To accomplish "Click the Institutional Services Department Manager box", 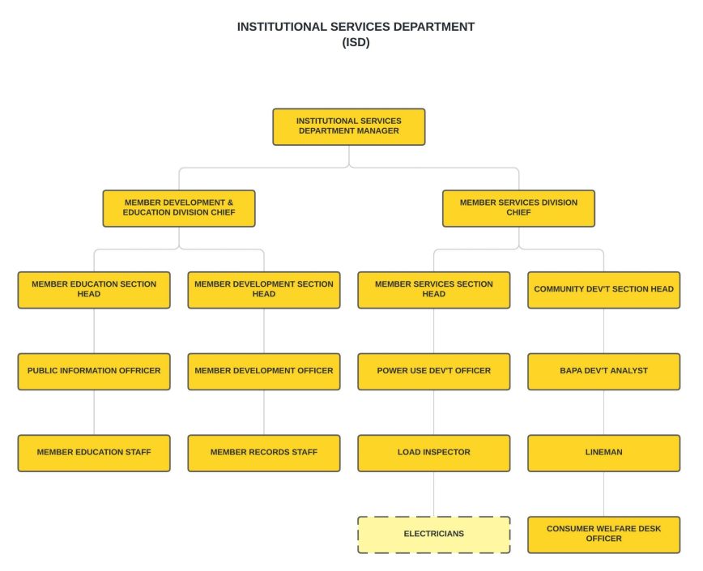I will click(x=348, y=126).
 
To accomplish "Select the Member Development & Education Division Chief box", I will click(x=179, y=208).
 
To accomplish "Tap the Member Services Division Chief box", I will click(x=518, y=208).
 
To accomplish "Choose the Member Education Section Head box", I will click(x=94, y=290).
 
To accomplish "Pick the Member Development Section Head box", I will click(x=264, y=290).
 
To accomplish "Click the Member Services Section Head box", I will click(x=434, y=290).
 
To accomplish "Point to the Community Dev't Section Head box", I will click(x=603, y=290).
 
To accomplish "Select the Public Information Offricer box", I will click(x=94, y=372).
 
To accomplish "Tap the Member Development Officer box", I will click(x=264, y=372).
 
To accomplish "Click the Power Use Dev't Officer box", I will click(x=434, y=372).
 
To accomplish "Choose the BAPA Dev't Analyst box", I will click(x=603, y=372).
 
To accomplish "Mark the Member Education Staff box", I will click(x=94, y=453).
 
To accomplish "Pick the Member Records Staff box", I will click(x=264, y=453).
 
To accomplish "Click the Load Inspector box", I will click(x=434, y=453).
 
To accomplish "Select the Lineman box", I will click(x=603, y=453).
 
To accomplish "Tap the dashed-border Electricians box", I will click(x=434, y=535).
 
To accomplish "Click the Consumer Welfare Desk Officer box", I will click(x=603, y=535).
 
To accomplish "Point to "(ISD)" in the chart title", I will click(x=356, y=43).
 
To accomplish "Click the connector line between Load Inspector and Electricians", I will click(x=434, y=494).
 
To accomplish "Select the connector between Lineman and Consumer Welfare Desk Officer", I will click(x=603, y=494).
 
